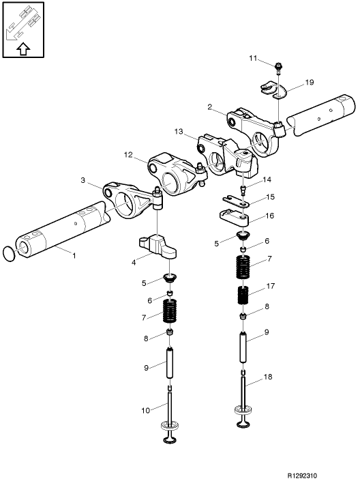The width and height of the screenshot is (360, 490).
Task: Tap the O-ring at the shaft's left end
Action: click(x=8, y=253)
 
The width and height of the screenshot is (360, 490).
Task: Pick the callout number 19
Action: click(x=309, y=82)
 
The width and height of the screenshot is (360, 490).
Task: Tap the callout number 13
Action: click(x=179, y=131)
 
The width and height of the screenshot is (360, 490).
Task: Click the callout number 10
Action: click(x=145, y=410)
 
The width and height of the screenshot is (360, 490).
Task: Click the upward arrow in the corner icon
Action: click(x=22, y=48)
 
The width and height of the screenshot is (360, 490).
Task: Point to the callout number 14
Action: click(x=267, y=180)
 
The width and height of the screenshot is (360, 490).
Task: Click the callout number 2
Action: click(x=210, y=106)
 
